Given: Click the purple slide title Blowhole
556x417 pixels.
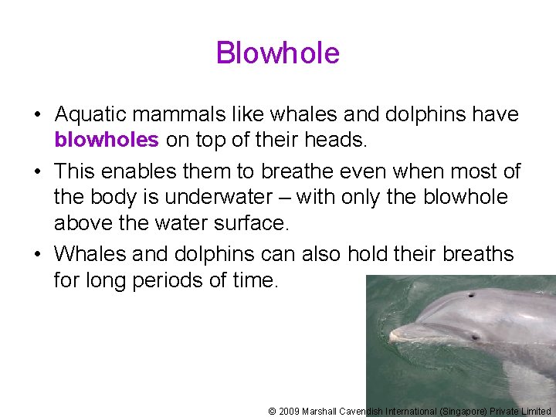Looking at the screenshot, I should (278, 53).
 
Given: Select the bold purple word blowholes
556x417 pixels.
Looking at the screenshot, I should (107, 139).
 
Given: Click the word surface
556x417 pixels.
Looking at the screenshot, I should (249, 223).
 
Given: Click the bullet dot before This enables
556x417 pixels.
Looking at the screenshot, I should (37, 171).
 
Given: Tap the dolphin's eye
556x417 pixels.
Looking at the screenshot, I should (475, 337).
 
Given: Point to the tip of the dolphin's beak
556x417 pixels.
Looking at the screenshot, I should (392, 337).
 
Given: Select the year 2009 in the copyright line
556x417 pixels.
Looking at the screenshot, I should (288, 412).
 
